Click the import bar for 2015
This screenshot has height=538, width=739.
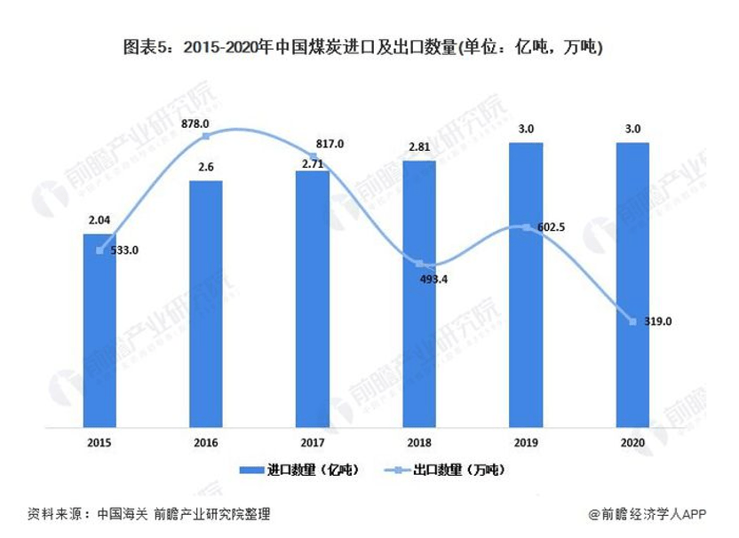point(99,330)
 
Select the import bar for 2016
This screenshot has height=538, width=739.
point(206,304)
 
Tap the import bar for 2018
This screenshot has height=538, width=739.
point(419,293)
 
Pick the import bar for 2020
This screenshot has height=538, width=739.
point(632,284)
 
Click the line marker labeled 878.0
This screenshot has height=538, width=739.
point(206,137)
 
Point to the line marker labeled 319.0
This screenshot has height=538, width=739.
point(632,321)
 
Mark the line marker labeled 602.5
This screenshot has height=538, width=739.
point(526,228)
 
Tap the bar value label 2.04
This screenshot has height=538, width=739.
point(99,221)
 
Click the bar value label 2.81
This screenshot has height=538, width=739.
point(419,147)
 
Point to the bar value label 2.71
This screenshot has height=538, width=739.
point(313,162)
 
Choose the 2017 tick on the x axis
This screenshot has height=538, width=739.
point(313,441)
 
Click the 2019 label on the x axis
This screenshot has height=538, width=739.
point(526,441)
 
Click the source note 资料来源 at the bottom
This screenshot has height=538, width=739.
point(147,514)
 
